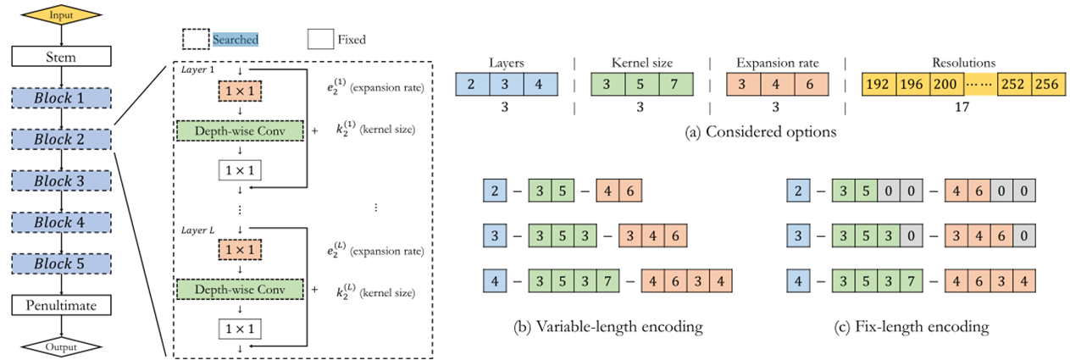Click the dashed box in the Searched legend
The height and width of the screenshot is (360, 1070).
196,39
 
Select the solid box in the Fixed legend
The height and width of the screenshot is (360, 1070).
319,39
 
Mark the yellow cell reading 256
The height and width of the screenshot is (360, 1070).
1047,85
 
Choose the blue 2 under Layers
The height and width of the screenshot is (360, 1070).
471,85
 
